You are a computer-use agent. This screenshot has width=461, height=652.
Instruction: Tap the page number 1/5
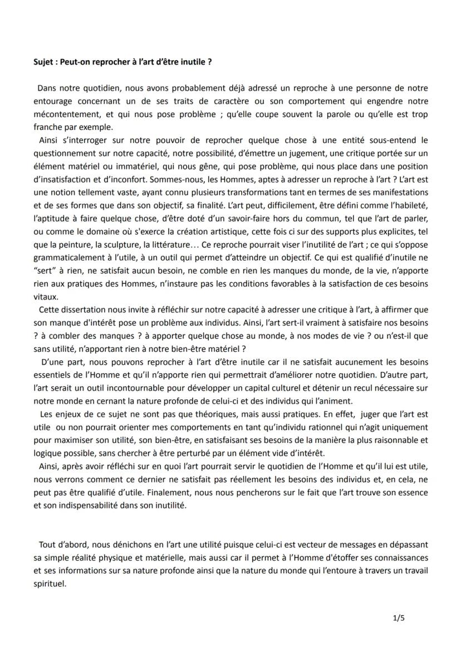coord(398,618)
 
